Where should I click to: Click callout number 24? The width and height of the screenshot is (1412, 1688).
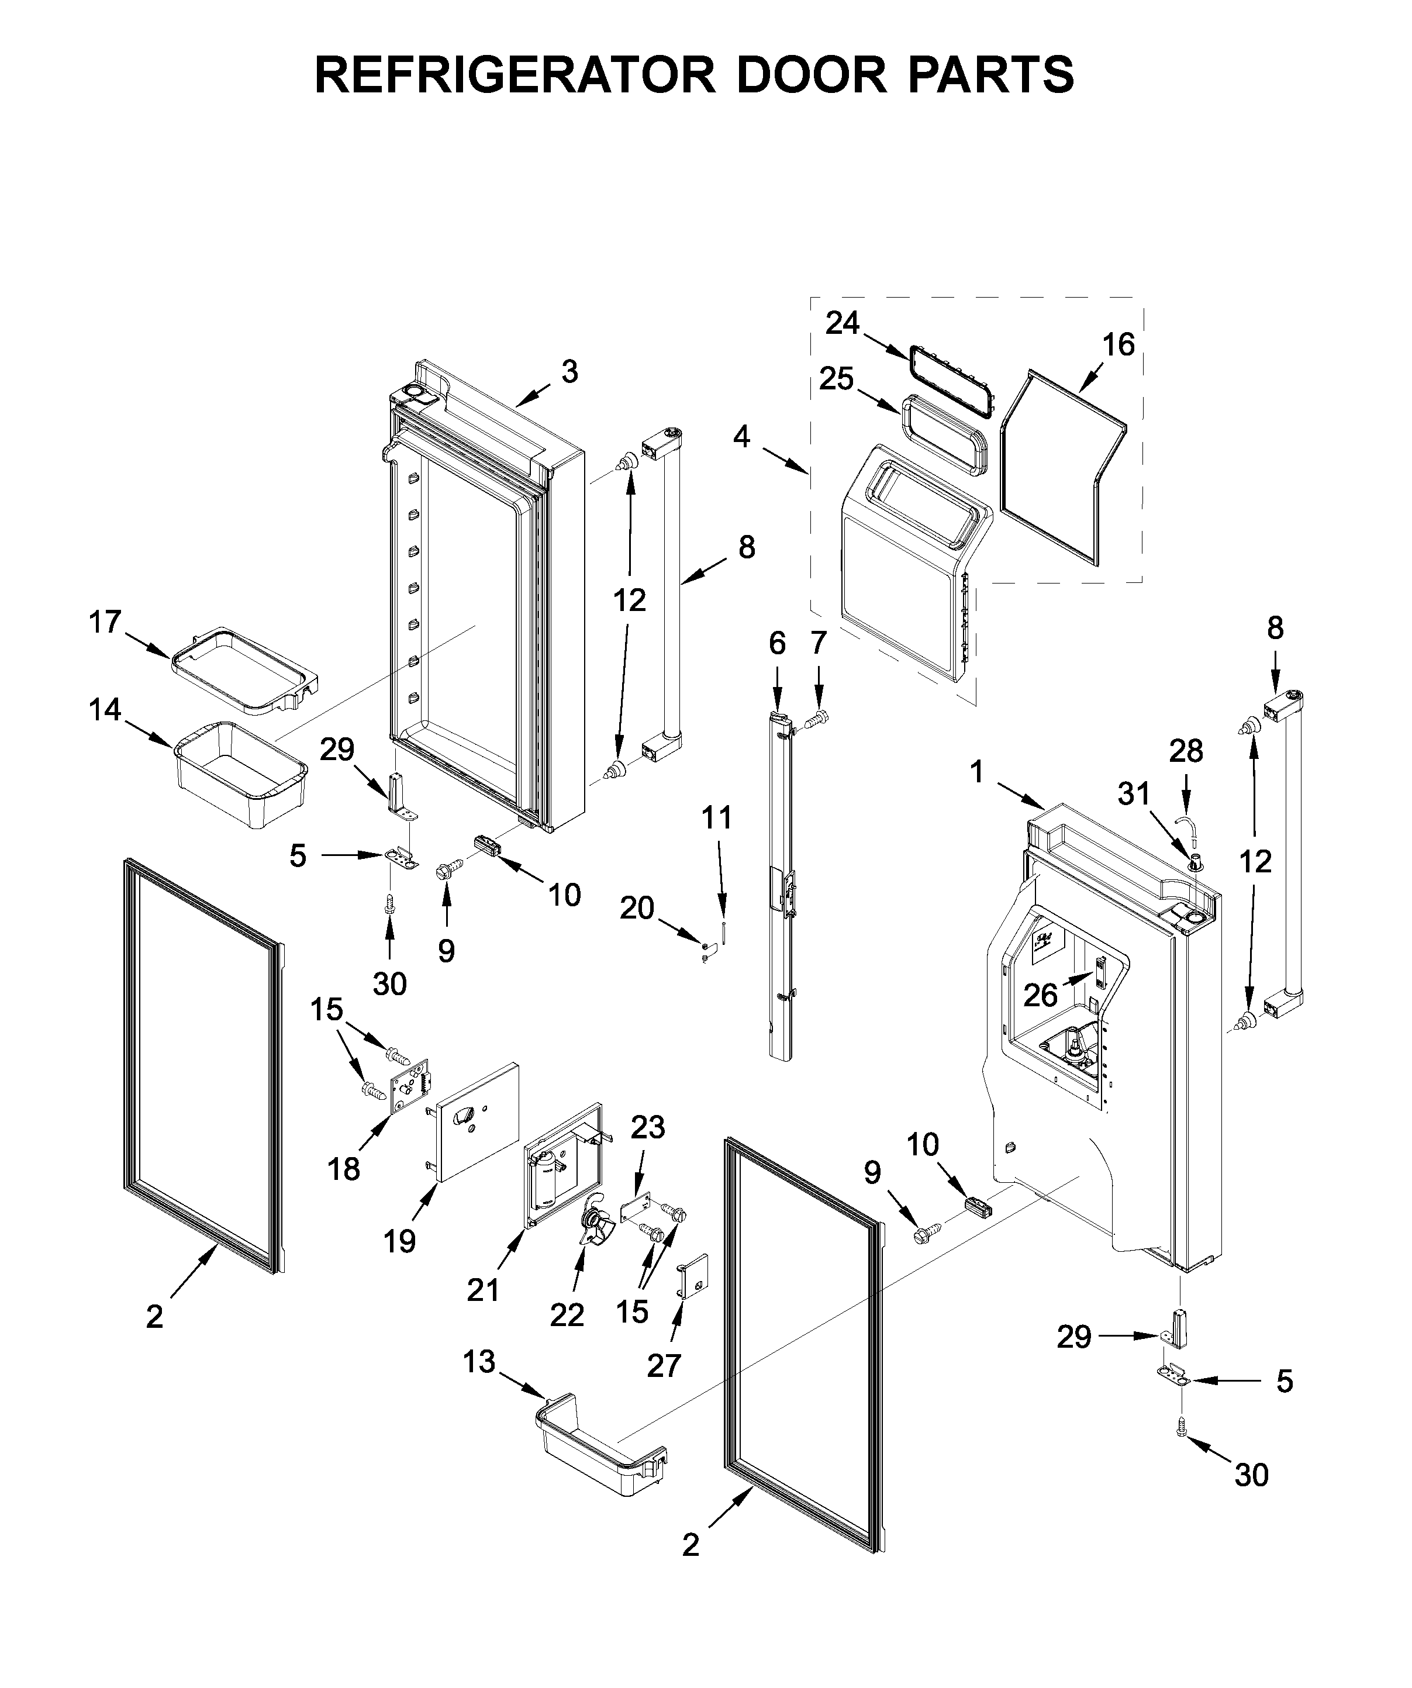click(842, 323)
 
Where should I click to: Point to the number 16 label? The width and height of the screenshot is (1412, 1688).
click(1118, 345)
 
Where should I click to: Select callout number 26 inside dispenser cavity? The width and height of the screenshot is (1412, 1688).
click(1040, 996)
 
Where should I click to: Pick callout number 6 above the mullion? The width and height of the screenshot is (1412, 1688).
click(776, 643)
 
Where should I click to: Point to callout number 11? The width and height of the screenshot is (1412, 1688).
click(717, 819)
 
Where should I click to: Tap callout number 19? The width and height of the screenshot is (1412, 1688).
click(399, 1241)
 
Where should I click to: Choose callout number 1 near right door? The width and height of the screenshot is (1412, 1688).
click(976, 772)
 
